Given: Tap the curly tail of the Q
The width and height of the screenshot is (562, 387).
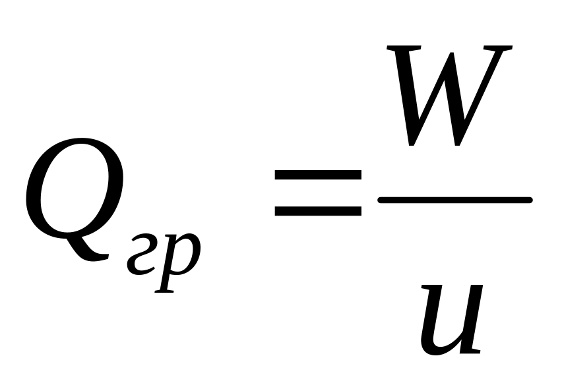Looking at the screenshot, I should [x=92, y=254].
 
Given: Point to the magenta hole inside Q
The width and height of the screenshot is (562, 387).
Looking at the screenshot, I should [x=75, y=195].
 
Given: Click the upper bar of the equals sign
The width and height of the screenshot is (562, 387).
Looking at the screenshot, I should [x=317, y=176].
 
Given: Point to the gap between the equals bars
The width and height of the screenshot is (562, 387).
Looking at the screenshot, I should [x=317, y=194].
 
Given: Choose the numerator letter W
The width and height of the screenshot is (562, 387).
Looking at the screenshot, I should [x=449, y=96].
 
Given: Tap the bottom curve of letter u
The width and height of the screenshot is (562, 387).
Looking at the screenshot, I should [x=439, y=346].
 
